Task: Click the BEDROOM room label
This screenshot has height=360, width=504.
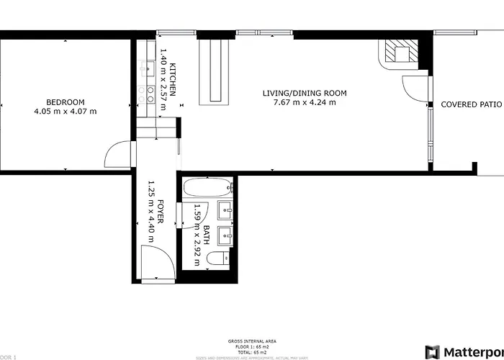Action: point(65,102)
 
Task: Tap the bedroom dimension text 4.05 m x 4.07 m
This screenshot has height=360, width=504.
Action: point(65,112)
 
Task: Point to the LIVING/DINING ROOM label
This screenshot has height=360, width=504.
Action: point(305,93)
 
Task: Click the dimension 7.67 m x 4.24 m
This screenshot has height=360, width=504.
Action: point(305,102)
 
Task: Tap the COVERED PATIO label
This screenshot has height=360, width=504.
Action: point(472,104)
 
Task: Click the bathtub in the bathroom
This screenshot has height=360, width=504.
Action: point(208,189)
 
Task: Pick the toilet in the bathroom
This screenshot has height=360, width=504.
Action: point(217,258)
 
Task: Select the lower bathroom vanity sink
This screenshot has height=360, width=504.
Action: point(226,234)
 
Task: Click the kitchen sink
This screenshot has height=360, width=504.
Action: point(150,69)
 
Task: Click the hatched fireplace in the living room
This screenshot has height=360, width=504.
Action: point(397,51)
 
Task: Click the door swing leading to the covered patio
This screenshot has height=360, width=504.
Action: point(416,87)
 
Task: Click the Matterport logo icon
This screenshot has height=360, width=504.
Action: point(432,352)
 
